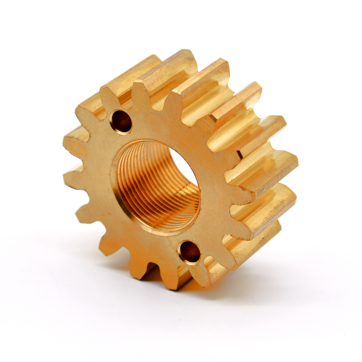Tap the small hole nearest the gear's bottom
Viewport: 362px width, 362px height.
[x=190, y=252]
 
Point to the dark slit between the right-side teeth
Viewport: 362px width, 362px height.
[x=239, y=154]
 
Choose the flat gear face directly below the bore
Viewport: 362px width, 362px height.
[x=145, y=246]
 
